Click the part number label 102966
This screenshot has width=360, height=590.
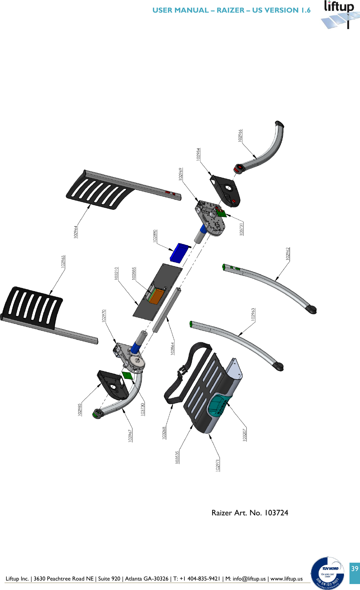(x=240, y=135)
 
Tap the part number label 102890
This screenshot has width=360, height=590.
(x=155, y=236)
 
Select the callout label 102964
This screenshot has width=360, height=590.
(x=76, y=232)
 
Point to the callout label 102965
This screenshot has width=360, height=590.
(x=63, y=262)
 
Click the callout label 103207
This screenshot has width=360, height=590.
(x=245, y=434)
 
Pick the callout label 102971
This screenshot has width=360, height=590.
(x=218, y=465)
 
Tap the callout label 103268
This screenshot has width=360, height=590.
(x=164, y=433)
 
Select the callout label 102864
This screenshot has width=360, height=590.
(x=172, y=348)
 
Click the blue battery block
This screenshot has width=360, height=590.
(x=179, y=253)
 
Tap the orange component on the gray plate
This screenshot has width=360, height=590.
(x=156, y=297)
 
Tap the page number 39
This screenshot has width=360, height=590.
(x=355, y=568)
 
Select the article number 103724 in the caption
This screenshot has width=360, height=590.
(x=276, y=513)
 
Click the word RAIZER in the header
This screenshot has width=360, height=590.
(x=230, y=10)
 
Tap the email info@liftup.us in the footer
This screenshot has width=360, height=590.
(x=249, y=578)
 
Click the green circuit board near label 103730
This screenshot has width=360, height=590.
(x=127, y=375)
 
